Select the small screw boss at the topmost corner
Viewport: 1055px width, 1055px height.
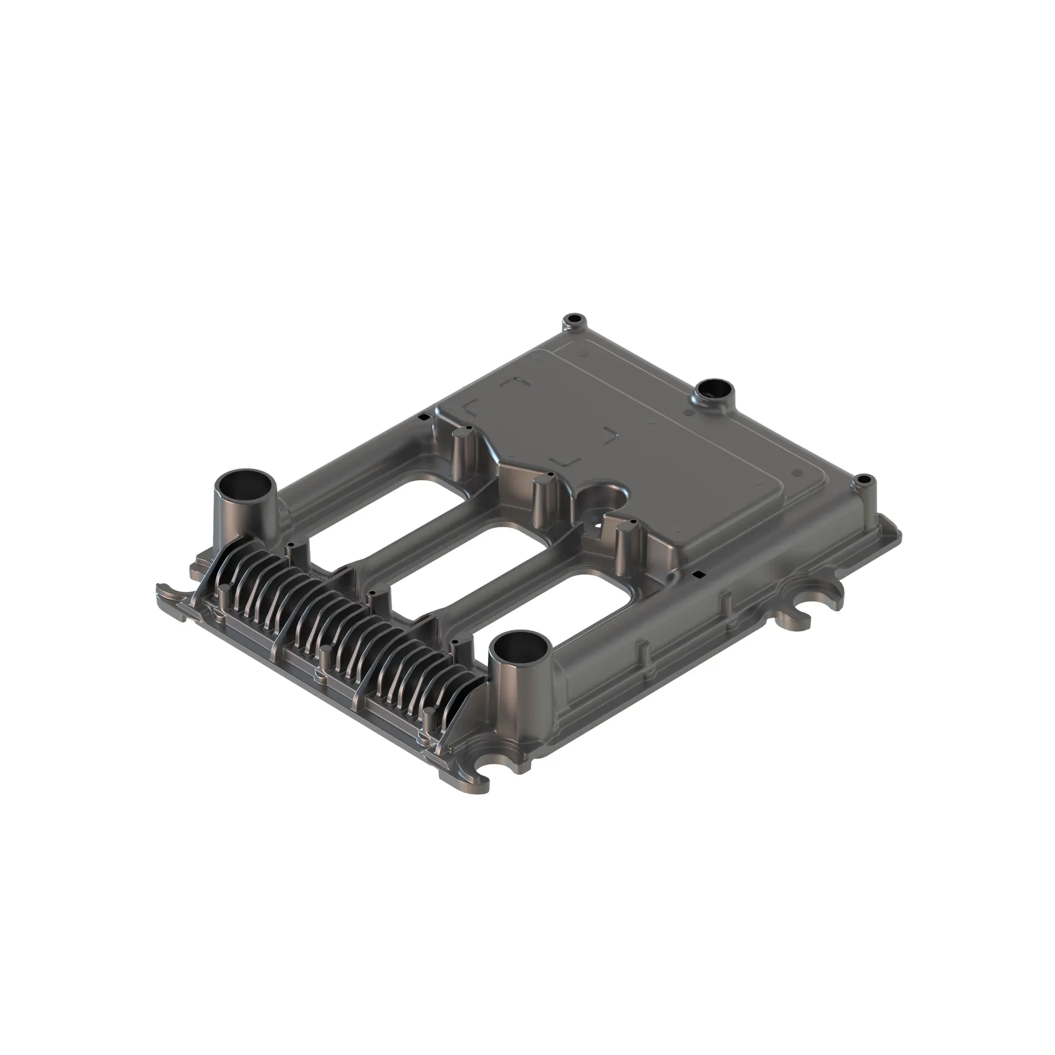click(574, 319)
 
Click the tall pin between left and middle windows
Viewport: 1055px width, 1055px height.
click(460, 453)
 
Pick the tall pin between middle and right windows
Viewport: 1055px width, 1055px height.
click(541, 500)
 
